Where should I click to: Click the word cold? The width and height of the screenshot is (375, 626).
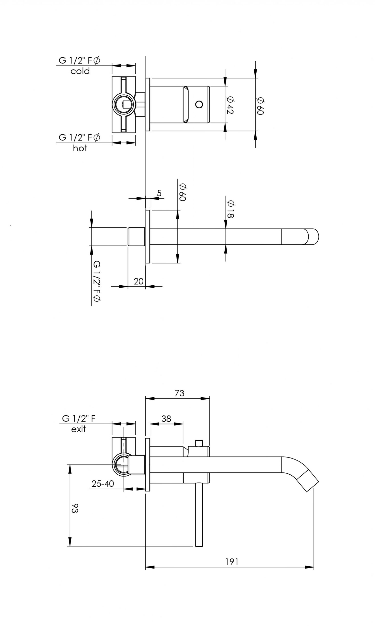pyautogui.click(x=80, y=71)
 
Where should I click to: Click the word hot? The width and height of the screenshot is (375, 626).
pyautogui.click(x=80, y=148)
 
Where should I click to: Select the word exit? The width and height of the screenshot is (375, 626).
pyautogui.click(x=78, y=429)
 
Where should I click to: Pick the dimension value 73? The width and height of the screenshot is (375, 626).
pyautogui.click(x=179, y=393)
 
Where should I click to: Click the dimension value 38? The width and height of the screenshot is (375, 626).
pyautogui.click(x=166, y=419)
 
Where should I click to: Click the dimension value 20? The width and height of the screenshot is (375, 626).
pyautogui.click(x=138, y=281)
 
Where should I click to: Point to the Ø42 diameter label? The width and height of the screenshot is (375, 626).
pyautogui.click(x=230, y=105)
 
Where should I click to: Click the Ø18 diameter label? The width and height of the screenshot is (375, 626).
pyautogui.click(x=230, y=209)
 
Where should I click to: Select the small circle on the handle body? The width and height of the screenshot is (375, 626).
pyautogui.click(x=199, y=104)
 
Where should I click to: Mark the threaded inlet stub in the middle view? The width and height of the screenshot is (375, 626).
pyautogui.click(x=136, y=237)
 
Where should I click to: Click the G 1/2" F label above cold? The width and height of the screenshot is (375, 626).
pyautogui.click(x=79, y=61)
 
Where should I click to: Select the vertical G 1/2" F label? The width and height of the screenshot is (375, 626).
pyautogui.click(x=97, y=281)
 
